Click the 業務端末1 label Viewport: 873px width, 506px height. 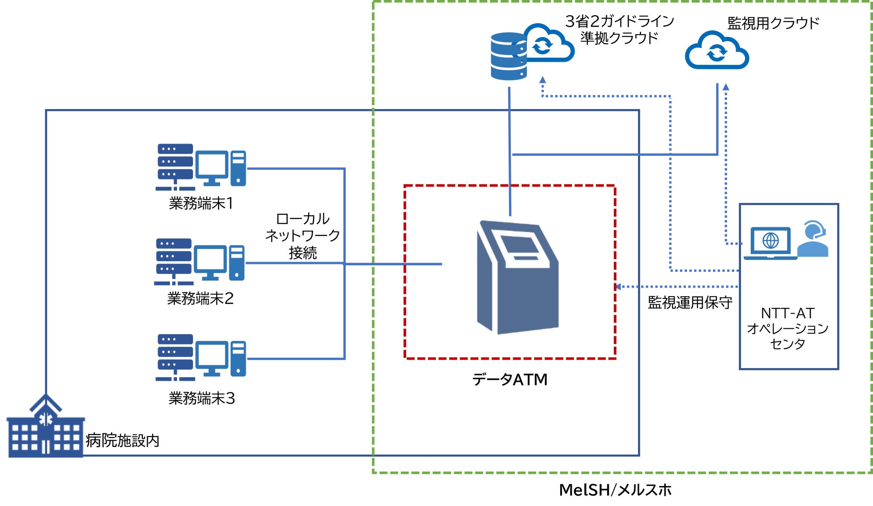click(201, 204)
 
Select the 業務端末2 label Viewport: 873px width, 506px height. click(200, 298)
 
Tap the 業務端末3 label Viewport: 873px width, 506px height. click(201, 398)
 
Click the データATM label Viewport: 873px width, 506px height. click(509, 379)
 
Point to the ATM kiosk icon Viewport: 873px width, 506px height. click(518, 277)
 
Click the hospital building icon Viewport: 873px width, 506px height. click(45, 427)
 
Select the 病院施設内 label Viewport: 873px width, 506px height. click(123, 441)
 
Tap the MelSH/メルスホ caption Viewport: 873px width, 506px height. click(615, 490)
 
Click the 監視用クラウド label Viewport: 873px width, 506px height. click(773, 23)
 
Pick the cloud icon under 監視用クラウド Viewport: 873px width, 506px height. click(717, 51)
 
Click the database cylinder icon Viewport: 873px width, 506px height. click(508, 57)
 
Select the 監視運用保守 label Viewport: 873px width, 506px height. click(690, 303)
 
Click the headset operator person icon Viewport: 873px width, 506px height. click(813, 239)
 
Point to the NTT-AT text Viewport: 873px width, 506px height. click(787, 313)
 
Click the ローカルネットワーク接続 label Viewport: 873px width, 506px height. click(303, 236)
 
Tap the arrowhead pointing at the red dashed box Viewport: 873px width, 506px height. click(618, 287)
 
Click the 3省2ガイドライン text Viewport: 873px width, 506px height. click(619, 21)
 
